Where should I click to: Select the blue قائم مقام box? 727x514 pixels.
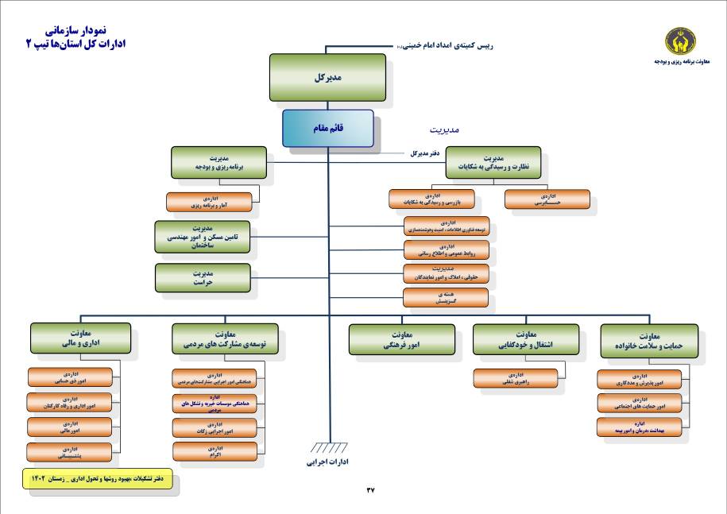click(328, 129)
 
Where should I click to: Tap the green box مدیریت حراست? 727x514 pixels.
click(202, 277)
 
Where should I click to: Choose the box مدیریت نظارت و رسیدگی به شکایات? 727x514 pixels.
click(493, 162)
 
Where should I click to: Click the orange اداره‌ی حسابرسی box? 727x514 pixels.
click(547, 199)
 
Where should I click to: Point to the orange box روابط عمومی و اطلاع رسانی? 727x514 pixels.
click(445, 250)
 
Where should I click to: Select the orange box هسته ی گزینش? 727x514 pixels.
click(445, 298)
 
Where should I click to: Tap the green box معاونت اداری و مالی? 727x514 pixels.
click(79, 339)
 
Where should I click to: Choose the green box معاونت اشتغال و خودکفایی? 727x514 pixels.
click(520, 339)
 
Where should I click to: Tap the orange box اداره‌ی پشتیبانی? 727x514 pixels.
click(69, 452)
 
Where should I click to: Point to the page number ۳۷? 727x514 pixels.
click(369, 490)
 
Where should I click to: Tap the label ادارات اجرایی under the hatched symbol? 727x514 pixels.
click(328, 461)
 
